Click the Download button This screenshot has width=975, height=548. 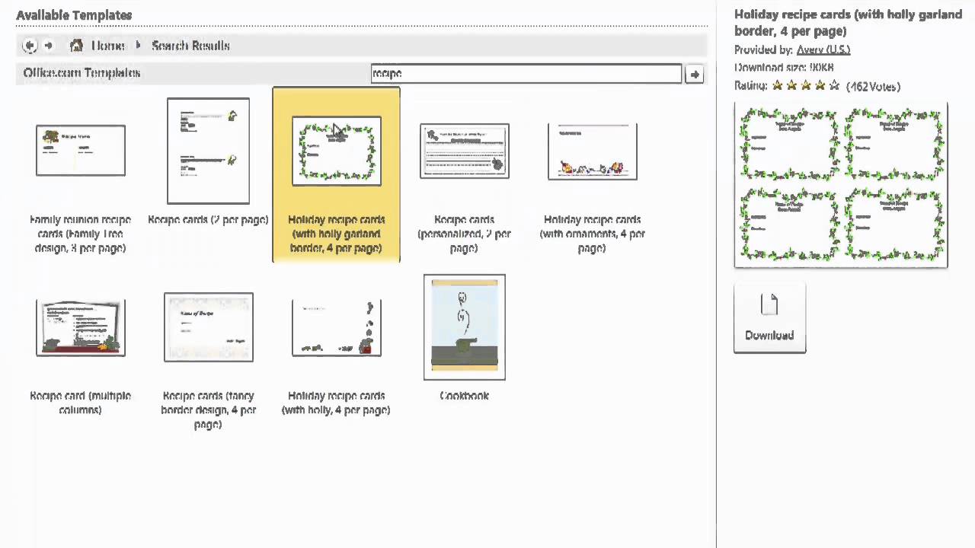click(769, 318)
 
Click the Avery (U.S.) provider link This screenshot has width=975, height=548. click(823, 49)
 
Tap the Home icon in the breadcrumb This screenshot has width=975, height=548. click(76, 46)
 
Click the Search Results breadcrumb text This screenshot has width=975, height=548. click(190, 46)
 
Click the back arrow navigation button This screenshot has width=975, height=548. click(30, 46)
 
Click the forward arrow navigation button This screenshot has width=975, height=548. click(49, 46)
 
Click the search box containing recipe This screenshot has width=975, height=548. click(526, 73)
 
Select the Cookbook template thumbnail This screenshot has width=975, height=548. click(464, 327)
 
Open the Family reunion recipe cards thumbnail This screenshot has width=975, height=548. click(81, 151)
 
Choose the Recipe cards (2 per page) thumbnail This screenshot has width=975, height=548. click(208, 151)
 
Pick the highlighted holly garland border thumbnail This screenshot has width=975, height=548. click(336, 151)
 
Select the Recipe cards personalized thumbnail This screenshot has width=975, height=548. click(464, 151)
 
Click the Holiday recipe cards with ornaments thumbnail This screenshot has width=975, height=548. click(592, 151)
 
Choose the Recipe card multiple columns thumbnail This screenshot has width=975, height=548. click(81, 327)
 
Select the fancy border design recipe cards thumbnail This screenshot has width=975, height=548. click(208, 327)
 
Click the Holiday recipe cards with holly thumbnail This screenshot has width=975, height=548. click(336, 327)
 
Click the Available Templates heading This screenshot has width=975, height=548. click(74, 15)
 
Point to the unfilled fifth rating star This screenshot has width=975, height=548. click(834, 86)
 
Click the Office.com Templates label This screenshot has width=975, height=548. click(82, 73)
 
